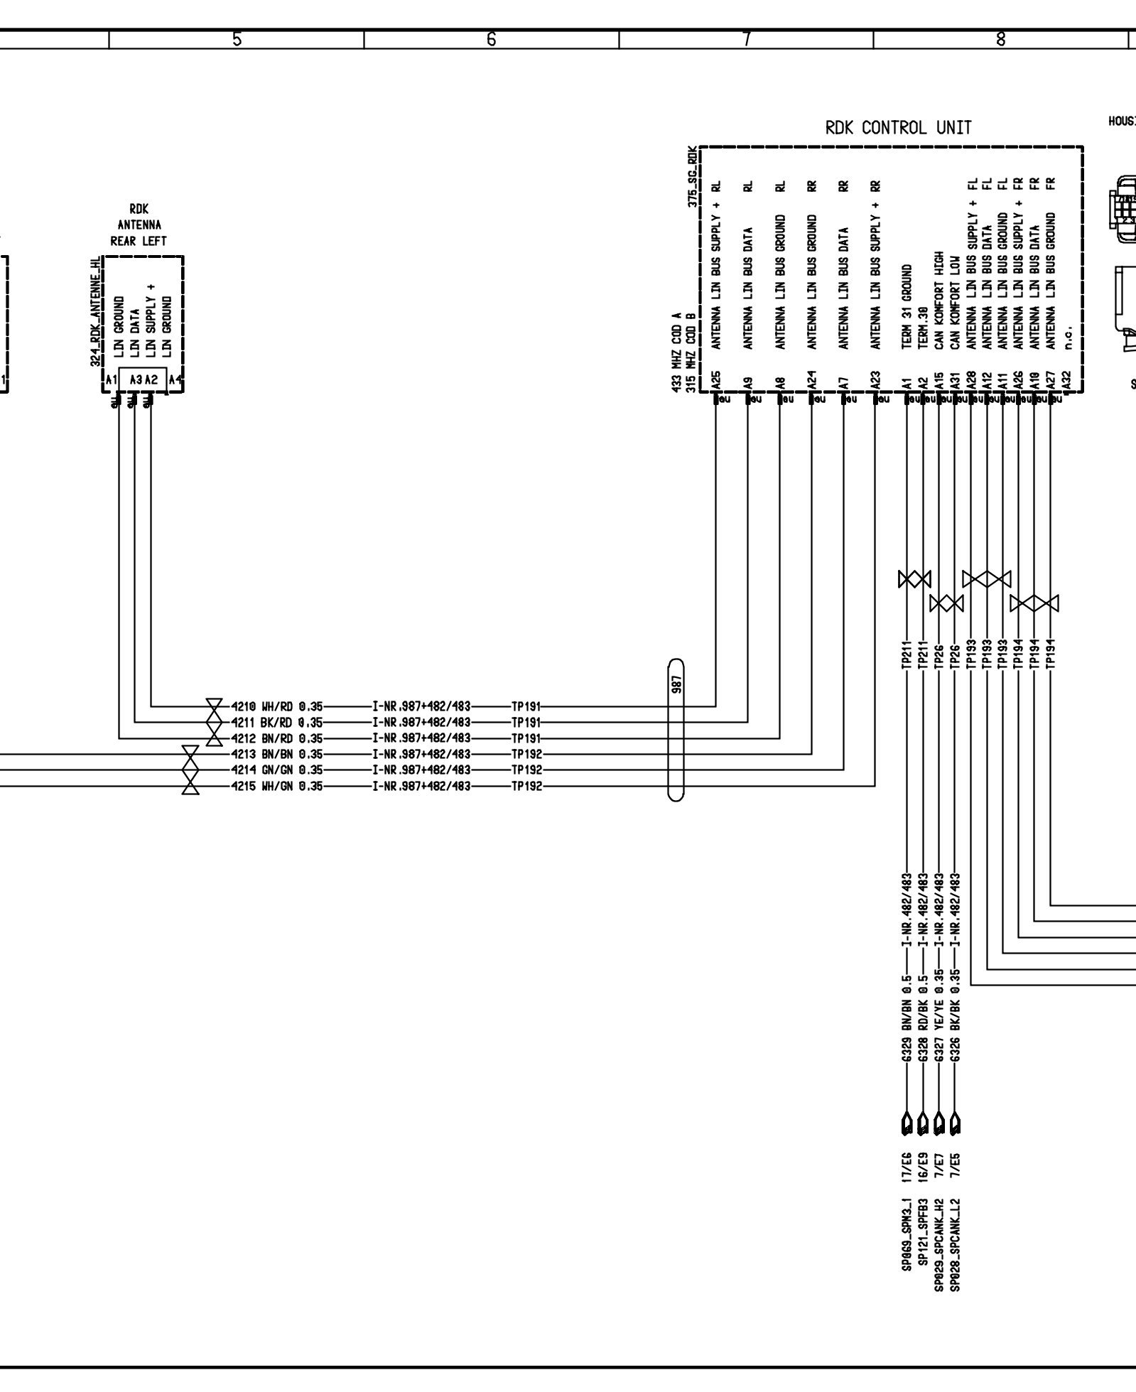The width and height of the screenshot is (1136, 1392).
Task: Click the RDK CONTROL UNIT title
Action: click(897, 128)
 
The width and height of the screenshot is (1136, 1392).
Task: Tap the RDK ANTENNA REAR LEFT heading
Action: click(139, 225)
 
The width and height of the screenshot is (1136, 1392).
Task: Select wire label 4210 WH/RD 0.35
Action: click(277, 707)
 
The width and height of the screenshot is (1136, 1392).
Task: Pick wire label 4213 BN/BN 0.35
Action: click(277, 754)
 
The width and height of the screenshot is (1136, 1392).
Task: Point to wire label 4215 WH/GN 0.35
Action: click(277, 786)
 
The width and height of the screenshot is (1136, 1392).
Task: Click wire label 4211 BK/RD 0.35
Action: click(277, 723)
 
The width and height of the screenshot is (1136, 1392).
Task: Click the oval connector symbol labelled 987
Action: click(676, 730)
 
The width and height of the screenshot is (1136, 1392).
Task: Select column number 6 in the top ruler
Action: click(491, 40)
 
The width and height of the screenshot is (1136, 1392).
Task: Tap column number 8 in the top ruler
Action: click(1000, 40)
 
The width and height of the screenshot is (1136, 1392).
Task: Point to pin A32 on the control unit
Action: click(1066, 381)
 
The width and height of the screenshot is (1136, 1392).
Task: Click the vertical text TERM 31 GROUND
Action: click(907, 307)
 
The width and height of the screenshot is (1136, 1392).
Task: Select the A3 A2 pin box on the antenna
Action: click(143, 380)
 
